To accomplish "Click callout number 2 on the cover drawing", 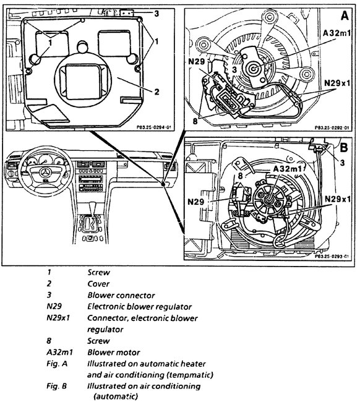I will [x=157, y=92].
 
